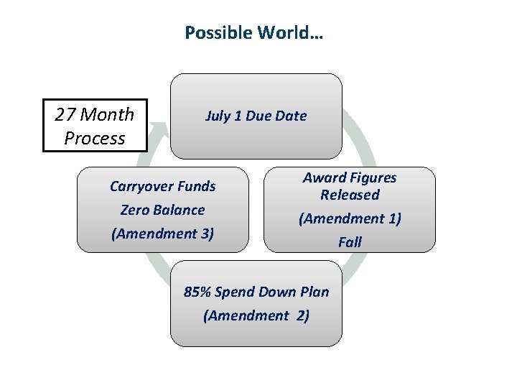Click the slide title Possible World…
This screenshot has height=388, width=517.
254,33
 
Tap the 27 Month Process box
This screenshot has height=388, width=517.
95,126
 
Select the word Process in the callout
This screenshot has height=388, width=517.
95,138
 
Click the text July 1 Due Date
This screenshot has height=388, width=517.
256,116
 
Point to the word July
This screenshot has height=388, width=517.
218,116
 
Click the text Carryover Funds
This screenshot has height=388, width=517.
162,186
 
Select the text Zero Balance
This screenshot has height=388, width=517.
162,210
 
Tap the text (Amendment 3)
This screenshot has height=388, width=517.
162,234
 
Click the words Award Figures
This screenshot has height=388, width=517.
350,177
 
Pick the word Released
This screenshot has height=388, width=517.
350,195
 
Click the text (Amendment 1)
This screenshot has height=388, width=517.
350,218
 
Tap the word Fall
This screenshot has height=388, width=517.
350,242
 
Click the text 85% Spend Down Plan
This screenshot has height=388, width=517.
256,292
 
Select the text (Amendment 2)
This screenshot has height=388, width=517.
256,315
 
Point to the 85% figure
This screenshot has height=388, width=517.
197,292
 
